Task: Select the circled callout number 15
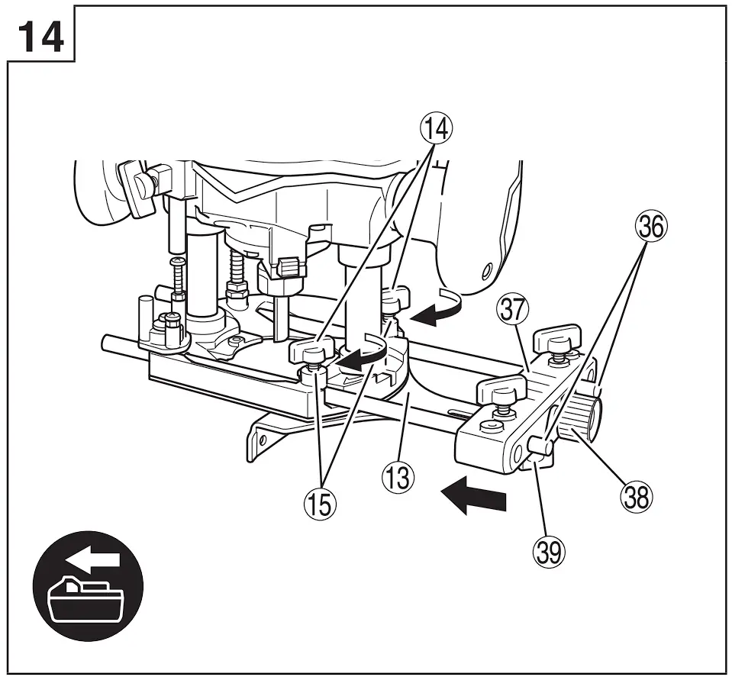coord(321,504)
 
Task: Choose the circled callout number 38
coord(637,497)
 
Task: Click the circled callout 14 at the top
coord(437,127)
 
